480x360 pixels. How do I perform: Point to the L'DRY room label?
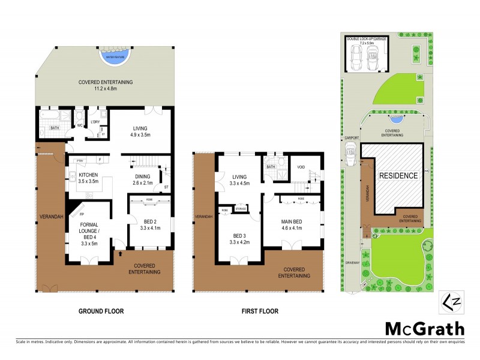94,122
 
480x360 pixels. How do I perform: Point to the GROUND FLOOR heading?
101,311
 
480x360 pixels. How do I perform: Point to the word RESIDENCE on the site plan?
397,176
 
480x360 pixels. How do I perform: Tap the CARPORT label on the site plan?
352,137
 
